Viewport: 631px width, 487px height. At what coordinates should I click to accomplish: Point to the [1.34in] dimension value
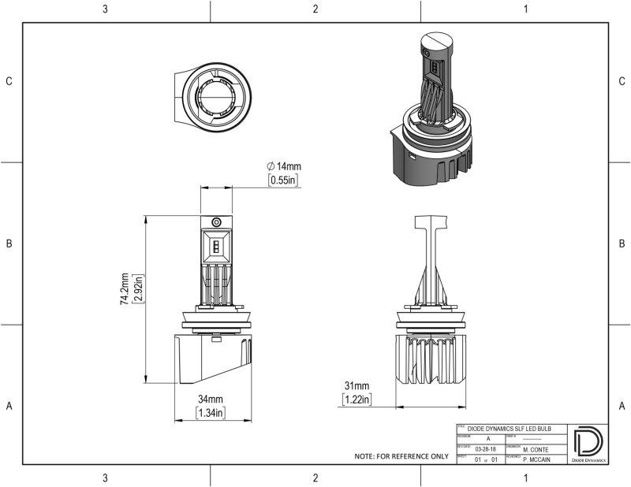(211, 413)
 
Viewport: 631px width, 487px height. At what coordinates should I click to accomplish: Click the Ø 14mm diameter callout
(284, 166)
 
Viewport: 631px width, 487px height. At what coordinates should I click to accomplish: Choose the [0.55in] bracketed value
(283, 180)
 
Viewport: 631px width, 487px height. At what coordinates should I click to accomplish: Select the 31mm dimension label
(357, 386)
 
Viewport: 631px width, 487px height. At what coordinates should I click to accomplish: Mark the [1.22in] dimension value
(357, 400)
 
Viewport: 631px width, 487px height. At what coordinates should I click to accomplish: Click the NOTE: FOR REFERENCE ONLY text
(401, 456)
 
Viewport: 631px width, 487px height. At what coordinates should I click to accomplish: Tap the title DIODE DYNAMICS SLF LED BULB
(509, 429)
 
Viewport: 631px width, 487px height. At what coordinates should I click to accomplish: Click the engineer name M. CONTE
(537, 448)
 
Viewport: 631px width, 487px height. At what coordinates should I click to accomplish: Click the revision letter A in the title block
(487, 437)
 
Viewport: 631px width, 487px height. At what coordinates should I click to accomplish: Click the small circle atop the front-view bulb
(215, 222)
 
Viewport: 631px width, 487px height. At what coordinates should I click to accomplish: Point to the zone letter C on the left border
(9, 81)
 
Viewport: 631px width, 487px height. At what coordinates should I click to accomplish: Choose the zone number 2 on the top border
(315, 9)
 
